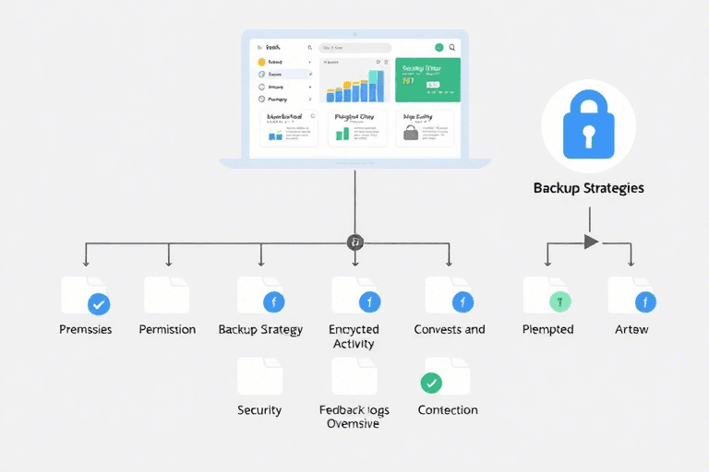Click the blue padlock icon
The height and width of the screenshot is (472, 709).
pos(588,125)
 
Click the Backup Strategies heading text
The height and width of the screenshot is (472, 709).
pos(588,188)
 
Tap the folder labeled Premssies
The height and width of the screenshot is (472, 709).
pos(85,295)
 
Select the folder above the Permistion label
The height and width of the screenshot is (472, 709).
pos(167,294)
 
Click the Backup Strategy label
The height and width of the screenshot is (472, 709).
pos(260,329)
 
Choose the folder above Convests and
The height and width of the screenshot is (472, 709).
pos(449,295)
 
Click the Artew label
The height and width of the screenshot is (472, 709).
pos(631,329)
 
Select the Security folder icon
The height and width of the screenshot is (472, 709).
pos(259,376)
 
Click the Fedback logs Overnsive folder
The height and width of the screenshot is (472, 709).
pos(354,376)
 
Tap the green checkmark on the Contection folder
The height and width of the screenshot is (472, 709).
pos(430,383)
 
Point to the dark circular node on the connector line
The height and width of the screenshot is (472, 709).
pos(354,242)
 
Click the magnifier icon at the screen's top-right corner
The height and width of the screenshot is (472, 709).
pos(451,47)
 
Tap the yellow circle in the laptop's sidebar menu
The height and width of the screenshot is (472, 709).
pos(262,61)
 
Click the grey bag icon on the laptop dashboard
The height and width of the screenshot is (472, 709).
pos(411,134)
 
